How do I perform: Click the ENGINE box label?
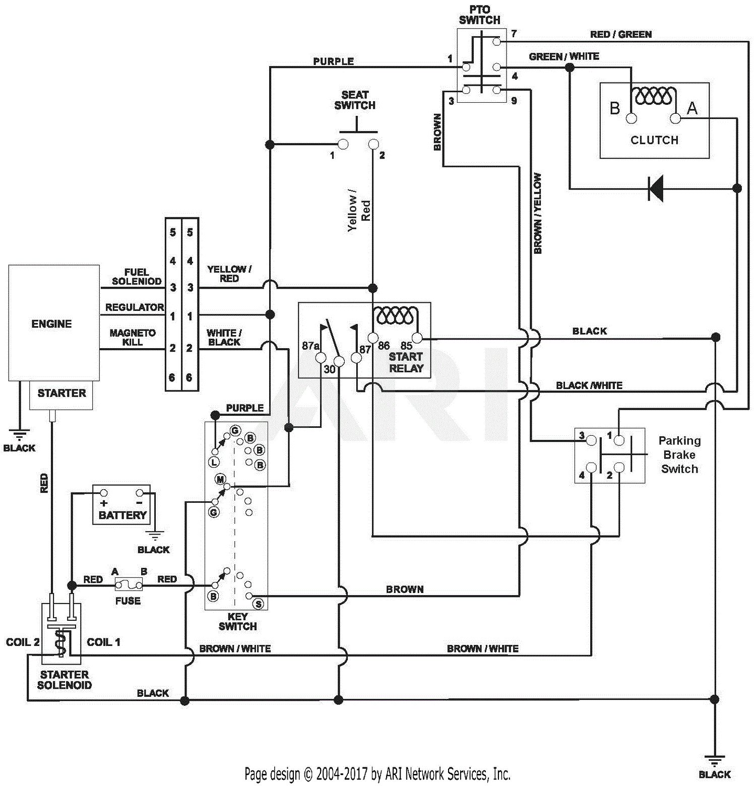click(51, 324)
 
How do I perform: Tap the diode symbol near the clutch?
click(656, 188)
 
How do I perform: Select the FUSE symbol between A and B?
click(129, 584)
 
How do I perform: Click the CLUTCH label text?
click(654, 140)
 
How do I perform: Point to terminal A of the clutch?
click(675, 118)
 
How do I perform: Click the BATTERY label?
click(122, 515)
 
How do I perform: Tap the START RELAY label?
click(406, 362)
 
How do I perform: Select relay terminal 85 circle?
click(417, 338)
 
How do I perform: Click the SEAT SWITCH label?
click(355, 100)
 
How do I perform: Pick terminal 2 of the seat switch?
click(373, 145)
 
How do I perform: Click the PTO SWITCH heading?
click(479, 15)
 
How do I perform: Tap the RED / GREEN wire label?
click(620, 34)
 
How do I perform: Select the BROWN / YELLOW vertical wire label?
click(538, 214)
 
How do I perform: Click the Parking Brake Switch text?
click(679, 454)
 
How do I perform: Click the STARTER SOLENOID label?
click(65, 680)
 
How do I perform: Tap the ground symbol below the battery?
click(155, 536)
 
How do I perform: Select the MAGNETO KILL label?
click(133, 338)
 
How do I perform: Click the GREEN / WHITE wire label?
click(563, 56)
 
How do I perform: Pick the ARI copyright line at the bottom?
click(377, 773)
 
